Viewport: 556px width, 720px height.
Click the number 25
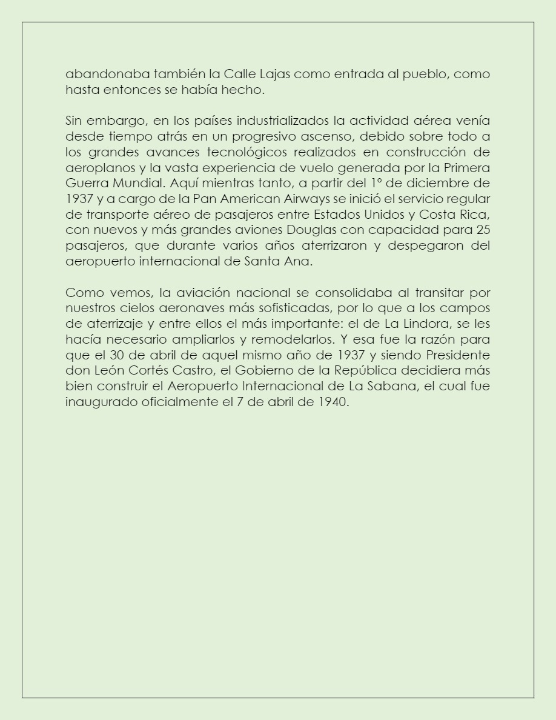[483, 230]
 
